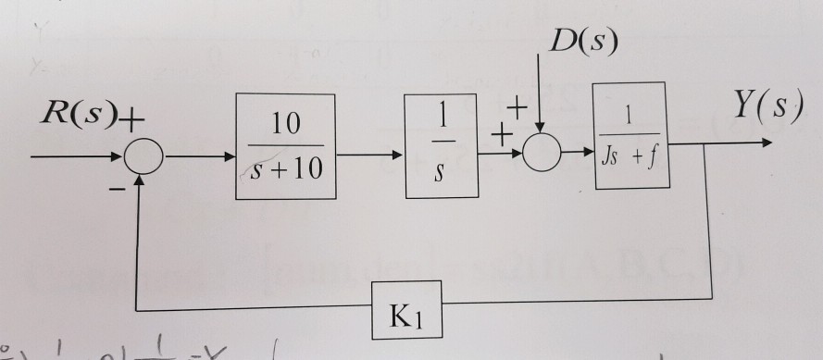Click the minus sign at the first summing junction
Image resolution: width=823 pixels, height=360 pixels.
pyautogui.click(x=118, y=189)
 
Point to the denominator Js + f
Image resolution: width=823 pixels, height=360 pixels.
pyautogui.click(x=630, y=158)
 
